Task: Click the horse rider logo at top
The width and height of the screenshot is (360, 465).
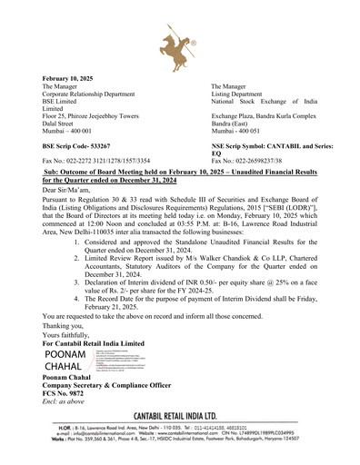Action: click(x=180, y=42)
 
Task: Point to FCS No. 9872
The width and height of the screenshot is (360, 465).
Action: click(x=69, y=398)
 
